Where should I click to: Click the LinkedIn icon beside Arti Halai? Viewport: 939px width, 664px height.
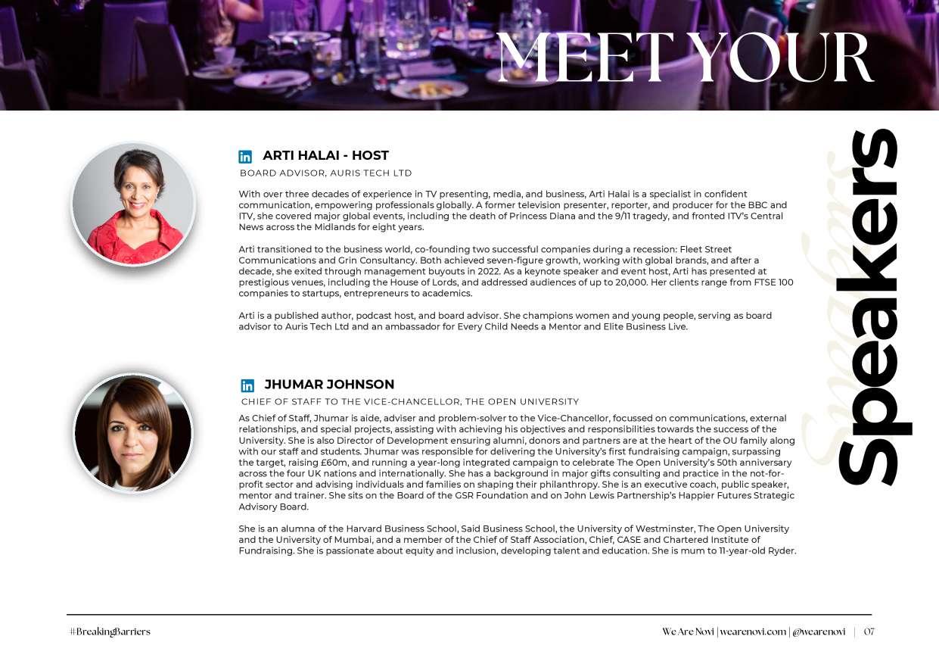[x=245, y=157]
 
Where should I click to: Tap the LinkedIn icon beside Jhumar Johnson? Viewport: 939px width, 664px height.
[x=247, y=385]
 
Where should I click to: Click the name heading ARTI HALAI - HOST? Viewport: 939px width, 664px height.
[x=325, y=156]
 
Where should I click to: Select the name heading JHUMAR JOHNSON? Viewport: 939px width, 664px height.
[x=329, y=385]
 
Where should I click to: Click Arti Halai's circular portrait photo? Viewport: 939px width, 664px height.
[x=133, y=204]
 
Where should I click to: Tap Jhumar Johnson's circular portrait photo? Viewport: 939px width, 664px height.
[x=133, y=433]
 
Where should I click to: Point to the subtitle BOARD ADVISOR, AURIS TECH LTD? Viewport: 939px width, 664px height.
[x=325, y=173]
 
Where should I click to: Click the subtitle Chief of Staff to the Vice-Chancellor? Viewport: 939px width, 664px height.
[x=409, y=402]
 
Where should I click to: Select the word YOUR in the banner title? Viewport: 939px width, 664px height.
[x=784, y=58]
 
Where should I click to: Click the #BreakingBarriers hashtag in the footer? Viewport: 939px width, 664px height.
[x=110, y=632]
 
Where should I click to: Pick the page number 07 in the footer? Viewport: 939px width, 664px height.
[x=869, y=632]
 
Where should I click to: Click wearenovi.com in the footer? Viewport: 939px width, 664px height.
[x=753, y=632]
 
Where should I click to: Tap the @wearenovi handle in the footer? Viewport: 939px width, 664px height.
[x=819, y=632]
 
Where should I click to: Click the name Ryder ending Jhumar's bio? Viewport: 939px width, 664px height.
[x=782, y=551]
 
